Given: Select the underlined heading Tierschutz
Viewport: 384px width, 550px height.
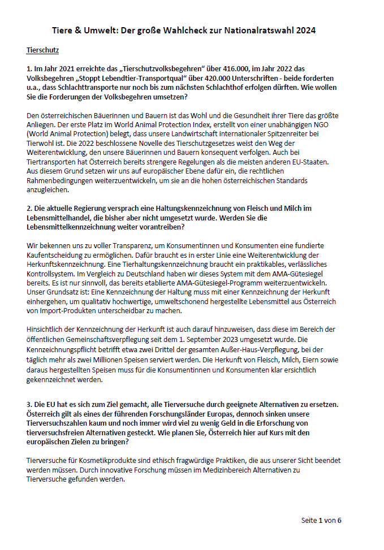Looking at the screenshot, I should (x=43, y=50).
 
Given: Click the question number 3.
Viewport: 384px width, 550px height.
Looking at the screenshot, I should (x=29, y=404).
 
